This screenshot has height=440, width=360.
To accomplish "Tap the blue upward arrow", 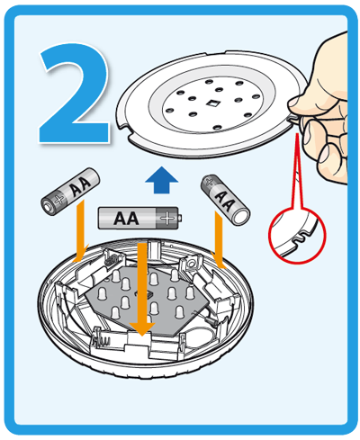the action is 161,180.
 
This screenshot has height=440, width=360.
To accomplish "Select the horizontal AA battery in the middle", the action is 139,218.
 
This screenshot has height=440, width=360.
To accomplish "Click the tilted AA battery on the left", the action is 70,192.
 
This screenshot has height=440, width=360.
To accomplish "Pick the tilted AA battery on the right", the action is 225,200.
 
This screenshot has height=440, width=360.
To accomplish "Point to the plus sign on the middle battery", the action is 167,218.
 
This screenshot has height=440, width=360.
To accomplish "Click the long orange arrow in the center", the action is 142,290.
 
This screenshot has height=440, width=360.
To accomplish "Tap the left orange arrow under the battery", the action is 80,231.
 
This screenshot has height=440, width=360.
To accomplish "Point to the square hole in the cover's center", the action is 212,103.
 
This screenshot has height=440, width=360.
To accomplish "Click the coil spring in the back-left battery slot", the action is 110,260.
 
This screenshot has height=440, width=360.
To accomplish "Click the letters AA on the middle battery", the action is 126,218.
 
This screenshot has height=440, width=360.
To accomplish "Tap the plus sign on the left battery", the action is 59,200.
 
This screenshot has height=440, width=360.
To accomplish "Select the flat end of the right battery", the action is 242,217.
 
